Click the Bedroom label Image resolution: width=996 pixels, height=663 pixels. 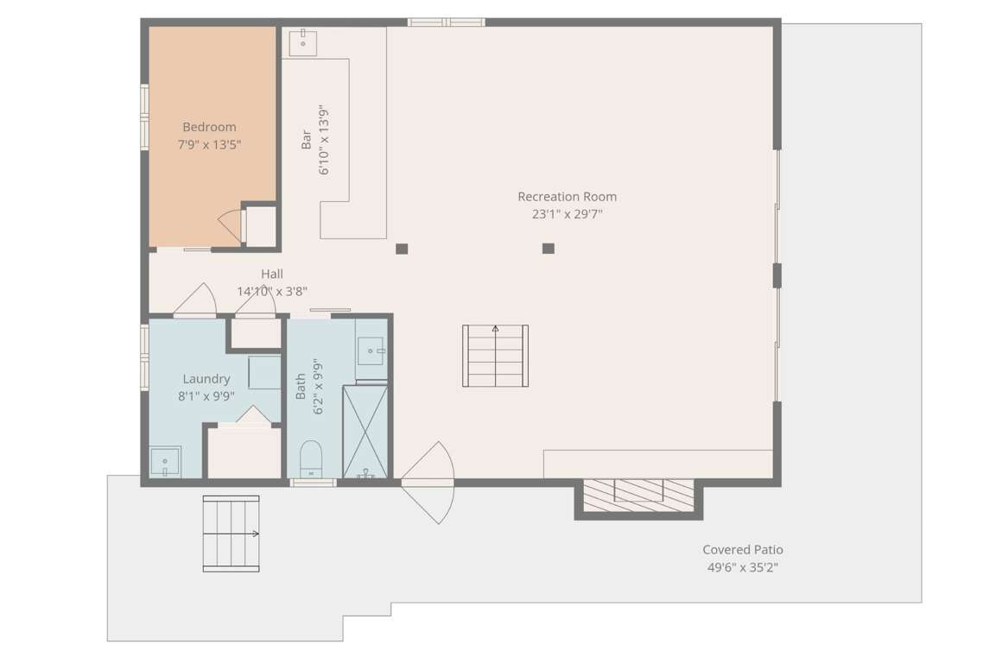tap(209, 127)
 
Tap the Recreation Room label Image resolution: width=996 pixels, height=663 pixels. tap(567, 197)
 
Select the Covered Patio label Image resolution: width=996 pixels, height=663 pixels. tap(743, 550)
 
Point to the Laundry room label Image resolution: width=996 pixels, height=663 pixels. tap(206, 379)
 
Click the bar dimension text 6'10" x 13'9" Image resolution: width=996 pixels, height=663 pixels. tap(325, 140)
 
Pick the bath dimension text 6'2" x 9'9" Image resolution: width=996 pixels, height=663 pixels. tap(318, 386)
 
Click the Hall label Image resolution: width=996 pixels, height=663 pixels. tap(272, 274)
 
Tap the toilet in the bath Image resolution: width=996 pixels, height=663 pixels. tap(311, 458)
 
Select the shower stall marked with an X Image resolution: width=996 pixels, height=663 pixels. tap(365, 431)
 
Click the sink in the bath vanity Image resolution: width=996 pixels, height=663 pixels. tap(371, 351)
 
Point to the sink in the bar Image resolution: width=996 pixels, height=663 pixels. tap(303, 43)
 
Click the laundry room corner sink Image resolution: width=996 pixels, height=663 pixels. tap(165, 462)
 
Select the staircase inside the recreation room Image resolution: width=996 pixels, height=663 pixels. tap(496, 356)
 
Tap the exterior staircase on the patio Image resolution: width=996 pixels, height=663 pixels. tap(232, 534)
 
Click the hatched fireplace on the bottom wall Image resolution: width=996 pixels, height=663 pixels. tap(638, 496)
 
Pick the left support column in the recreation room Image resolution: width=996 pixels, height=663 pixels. tap(402, 249)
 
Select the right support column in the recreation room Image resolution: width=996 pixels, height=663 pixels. tap(549, 249)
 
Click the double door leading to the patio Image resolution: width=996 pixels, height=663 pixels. tap(428, 483)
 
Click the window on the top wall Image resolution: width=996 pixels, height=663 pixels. tap(447, 22)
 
